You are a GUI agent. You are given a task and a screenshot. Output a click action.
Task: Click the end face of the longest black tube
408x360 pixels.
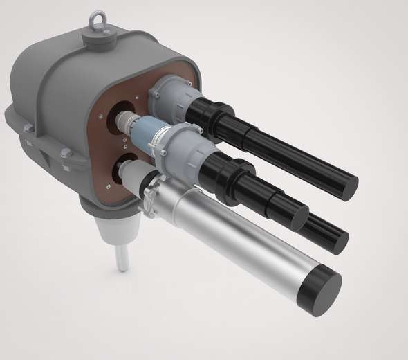click(x=345, y=186)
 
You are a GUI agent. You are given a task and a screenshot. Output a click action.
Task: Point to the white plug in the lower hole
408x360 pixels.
click(x=139, y=181)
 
